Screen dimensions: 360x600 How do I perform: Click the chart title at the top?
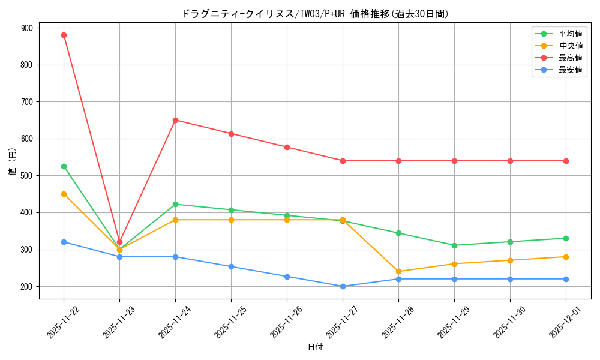315,14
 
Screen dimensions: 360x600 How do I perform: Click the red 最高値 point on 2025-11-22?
64,35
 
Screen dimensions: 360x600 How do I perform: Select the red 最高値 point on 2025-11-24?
175,120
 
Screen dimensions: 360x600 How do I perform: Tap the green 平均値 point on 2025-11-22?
64,166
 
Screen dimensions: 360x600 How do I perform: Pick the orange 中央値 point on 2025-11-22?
64,194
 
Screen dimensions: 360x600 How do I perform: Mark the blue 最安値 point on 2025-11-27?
343,286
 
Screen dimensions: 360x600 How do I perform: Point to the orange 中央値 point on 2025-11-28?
398,271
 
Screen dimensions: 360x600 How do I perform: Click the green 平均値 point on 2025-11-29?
454,245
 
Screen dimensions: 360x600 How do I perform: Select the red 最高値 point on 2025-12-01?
566,161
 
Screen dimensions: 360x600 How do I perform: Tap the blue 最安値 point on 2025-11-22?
64,242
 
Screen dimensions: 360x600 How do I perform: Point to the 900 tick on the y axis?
28,28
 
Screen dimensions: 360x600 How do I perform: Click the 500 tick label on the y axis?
28,176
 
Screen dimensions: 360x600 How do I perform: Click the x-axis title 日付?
315,347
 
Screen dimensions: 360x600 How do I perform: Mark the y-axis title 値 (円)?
13,162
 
